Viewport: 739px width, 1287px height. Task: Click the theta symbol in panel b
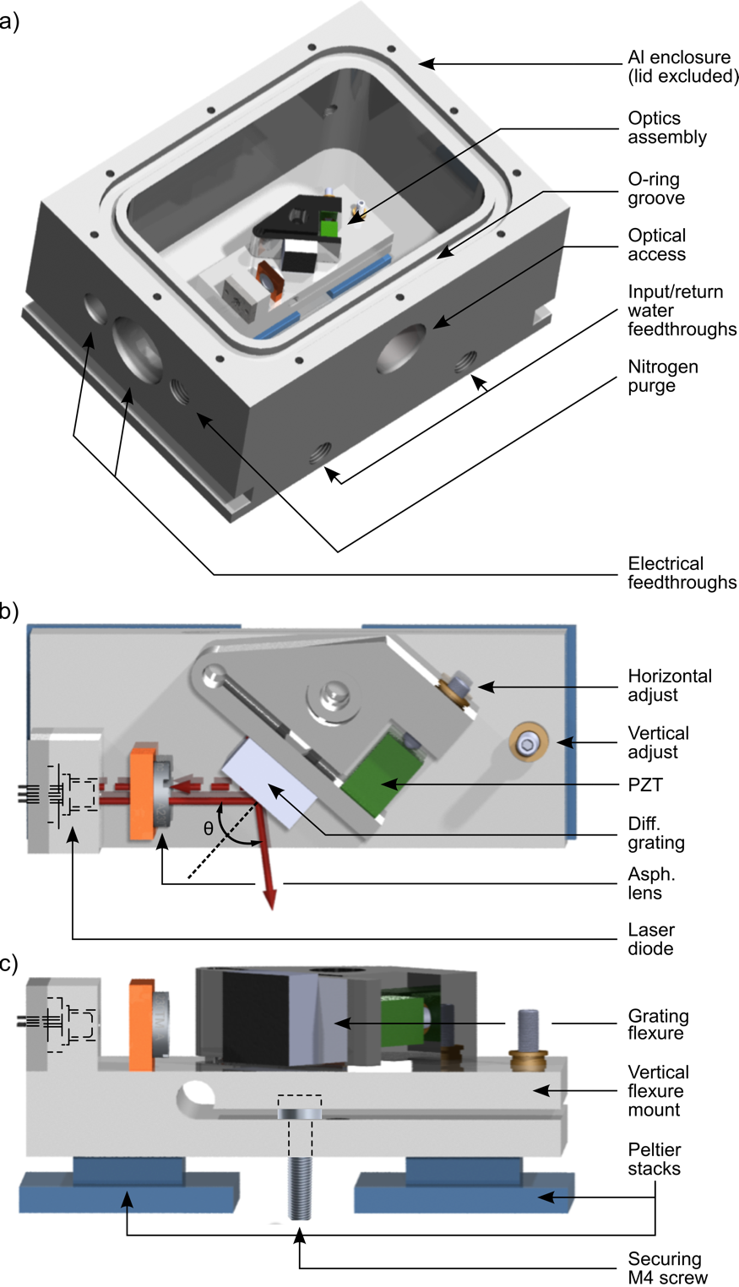click(209, 829)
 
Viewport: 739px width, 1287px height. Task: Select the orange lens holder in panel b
click(142, 793)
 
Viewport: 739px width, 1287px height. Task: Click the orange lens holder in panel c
click(141, 1024)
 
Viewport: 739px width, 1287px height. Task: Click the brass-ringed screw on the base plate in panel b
click(529, 743)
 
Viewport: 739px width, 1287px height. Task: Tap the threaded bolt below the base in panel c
click(300, 1187)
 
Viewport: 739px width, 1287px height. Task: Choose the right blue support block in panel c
click(465, 1187)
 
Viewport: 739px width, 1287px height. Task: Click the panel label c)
click(9, 964)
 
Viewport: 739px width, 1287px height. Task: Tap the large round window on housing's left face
click(138, 348)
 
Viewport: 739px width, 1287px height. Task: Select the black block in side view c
click(242, 1014)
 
